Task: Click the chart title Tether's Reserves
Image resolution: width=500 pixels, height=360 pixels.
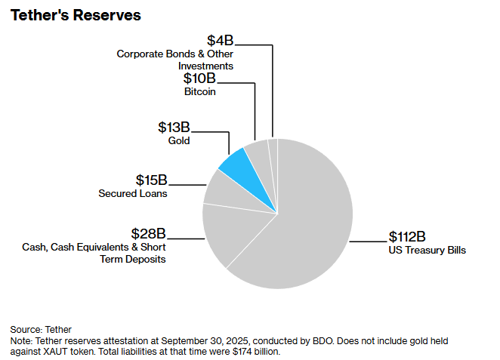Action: coord(76,16)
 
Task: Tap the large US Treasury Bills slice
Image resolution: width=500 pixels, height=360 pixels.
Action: coord(302,219)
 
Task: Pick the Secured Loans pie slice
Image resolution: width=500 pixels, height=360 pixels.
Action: coord(221,189)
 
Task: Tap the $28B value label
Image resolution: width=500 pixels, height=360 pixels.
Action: coord(148,233)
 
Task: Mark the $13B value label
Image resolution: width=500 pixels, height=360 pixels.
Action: coord(174,127)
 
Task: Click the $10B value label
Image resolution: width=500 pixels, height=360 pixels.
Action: coord(199,78)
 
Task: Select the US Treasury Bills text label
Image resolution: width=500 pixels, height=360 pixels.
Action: coord(427,250)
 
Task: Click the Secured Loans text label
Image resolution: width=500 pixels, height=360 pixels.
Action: coord(133,193)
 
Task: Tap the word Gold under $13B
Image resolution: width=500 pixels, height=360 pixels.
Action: coord(179,140)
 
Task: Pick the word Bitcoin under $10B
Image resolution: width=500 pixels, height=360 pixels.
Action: coord(200,91)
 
